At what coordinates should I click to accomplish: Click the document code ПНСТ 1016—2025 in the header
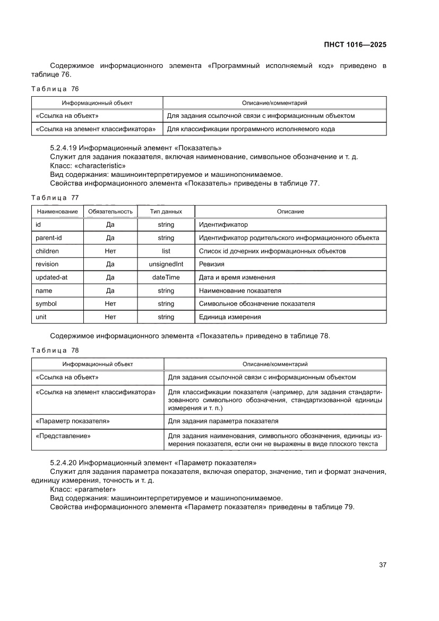(x=355, y=45)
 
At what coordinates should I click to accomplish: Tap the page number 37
(x=382, y=565)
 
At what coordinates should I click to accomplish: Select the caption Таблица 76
(x=55, y=89)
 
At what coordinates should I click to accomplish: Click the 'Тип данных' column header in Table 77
(x=166, y=211)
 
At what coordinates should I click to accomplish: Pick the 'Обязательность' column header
(x=110, y=211)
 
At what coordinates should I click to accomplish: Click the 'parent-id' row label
(x=49, y=238)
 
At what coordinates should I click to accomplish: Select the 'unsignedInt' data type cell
(x=166, y=264)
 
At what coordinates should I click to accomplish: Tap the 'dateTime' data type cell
(x=166, y=277)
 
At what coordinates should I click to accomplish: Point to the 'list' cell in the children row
(x=166, y=251)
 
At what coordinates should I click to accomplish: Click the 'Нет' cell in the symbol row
(x=110, y=304)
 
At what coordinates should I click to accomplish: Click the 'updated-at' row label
(x=51, y=277)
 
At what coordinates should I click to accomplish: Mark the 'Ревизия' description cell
(x=211, y=264)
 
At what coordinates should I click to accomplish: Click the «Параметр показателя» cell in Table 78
(x=73, y=421)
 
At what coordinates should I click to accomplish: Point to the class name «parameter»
(x=96, y=489)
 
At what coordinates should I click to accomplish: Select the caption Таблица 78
(x=55, y=350)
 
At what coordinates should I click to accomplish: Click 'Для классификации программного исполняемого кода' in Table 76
(x=251, y=129)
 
